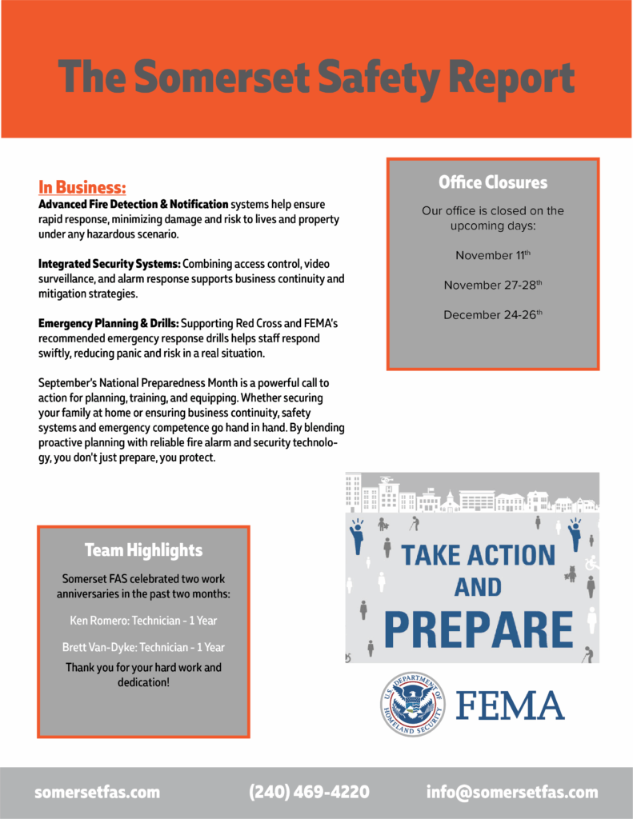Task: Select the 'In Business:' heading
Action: (x=82, y=188)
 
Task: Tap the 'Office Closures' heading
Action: (x=493, y=182)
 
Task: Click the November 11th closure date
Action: (x=493, y=256)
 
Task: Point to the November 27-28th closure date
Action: (x=493, y=286)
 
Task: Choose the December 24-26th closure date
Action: (x=493, y=315)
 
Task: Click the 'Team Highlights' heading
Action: (x=143, y=550)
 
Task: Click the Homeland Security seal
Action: (x=413, y=704)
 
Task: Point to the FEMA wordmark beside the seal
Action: (x=511, y=705)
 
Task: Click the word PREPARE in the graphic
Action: (x=479, y=630)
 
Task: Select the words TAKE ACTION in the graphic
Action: (x=478, y=555)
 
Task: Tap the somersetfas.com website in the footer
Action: (x=97, y=793)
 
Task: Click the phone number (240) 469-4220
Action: (x=310, y=793)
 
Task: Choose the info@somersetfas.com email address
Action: (x=512, y=793)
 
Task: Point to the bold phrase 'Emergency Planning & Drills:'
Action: (x=109, y=324)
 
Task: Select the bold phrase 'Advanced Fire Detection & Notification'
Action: (x=133, y=205)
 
